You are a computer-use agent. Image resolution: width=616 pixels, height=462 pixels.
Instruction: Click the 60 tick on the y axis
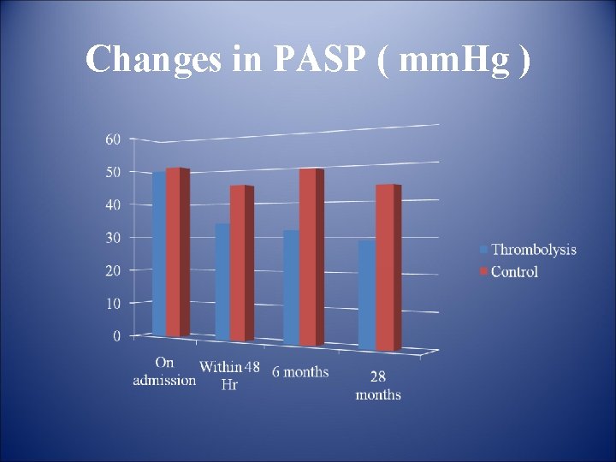pyautogui.click(x=113, y=139)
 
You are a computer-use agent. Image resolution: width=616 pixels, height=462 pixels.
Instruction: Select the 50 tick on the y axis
pyautogui.click(x=113, y=172)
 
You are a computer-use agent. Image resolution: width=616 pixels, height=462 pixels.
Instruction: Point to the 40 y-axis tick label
pyautogui.click(x=113, y=204)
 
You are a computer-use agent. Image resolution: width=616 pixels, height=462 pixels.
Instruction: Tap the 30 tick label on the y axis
pyautogui.click(x=113, y=237)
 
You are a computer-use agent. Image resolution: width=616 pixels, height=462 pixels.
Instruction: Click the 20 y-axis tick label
pyautogui.click(x=113, y=270)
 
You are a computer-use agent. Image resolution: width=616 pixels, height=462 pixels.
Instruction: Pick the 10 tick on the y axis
pyautogui.click(x=113, y=303)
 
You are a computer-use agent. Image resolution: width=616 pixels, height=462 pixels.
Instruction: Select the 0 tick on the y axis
pyautogui.click(x=116, y=336)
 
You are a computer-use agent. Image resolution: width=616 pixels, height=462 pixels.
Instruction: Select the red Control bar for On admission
pyautogui.click(x=174, y=252)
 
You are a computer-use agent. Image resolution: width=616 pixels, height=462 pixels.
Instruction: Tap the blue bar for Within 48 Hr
pyautogui.click(x=222, y=282)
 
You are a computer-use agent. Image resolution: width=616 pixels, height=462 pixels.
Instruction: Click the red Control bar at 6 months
pyautogui.click(x=307, y=257)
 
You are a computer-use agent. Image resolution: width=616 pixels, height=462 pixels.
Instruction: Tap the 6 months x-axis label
pyautogui.click(x=300, y=372)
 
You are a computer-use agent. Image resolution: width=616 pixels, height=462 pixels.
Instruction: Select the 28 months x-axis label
pyautogui.click(x=378, y=386)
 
